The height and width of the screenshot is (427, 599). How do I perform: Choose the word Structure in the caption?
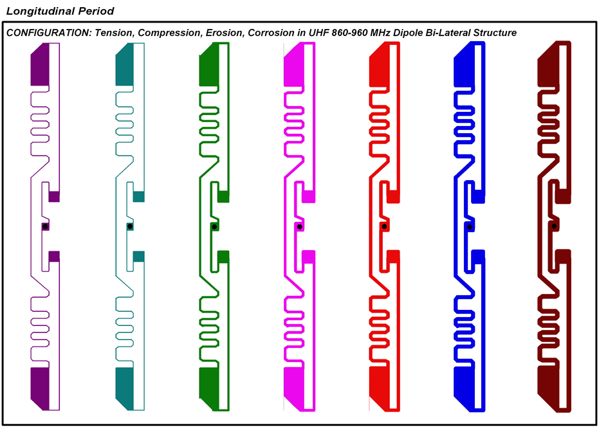[x=492, y=33]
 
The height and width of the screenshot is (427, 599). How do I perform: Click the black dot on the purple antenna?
[x=44, y=226]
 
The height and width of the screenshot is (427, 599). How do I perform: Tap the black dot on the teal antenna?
[x=130, y=226]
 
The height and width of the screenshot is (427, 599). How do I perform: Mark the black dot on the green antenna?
[x=214, y=226]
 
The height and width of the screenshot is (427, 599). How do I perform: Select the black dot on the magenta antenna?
[x=299, y=226]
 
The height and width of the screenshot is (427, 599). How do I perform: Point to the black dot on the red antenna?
[x=384, y=226]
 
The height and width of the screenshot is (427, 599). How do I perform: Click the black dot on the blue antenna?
[x=470, y=226]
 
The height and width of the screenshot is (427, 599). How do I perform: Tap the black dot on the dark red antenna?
[x=555, y=226]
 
